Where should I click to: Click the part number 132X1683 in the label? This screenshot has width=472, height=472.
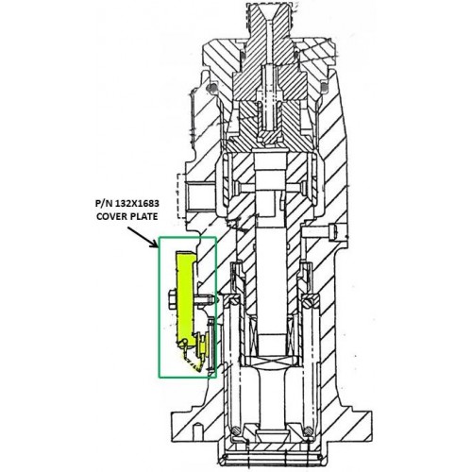(x=137, y=204)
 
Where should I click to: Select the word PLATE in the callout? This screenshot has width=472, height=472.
(x=144, y=216)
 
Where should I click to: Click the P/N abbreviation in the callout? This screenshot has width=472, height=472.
(x=104, y=204)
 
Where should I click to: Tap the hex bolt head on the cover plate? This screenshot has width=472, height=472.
(x=173, y=299)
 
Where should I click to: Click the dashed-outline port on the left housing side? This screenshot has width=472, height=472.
(x=182, y=195)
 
